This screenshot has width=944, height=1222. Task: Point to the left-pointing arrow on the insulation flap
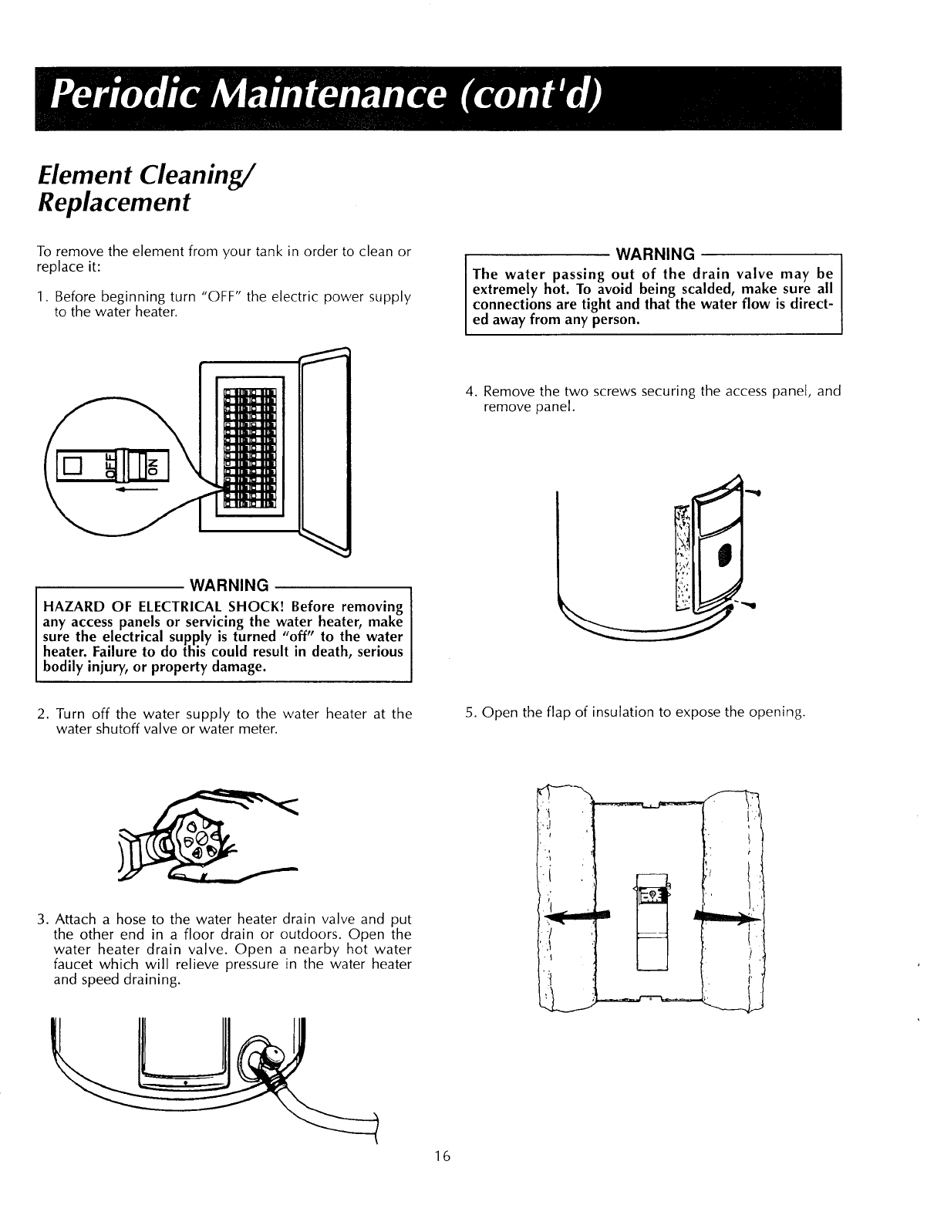click(x=575, y=916)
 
